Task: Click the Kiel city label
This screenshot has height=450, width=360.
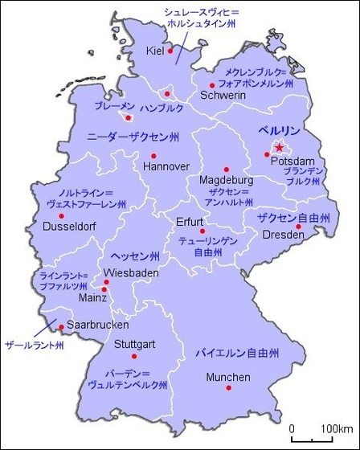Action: click(x=154, y=51)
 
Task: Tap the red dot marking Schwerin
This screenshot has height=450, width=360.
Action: click(x=212, y=85)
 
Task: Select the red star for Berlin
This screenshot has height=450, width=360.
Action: click(x=279, y=148)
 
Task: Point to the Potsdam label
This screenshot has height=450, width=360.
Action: click(x=288, y=162)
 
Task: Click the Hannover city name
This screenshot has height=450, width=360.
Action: click(x=166, y=166)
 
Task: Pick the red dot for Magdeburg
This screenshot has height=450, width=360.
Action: click(x=227, y=170)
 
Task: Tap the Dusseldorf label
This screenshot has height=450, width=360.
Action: click(x=69, y=227)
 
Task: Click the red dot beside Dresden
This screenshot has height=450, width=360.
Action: click(x=299, y=227)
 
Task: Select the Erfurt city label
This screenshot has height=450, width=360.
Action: click(x=190, y=221)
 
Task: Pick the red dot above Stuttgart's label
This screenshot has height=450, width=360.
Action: click(x=134, y=356)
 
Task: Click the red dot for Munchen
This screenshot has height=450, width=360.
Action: click(x=229, y=388)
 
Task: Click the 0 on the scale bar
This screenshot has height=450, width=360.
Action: click(x=291, y=427)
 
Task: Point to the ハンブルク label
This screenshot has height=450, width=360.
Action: click(x=162, y=107)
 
